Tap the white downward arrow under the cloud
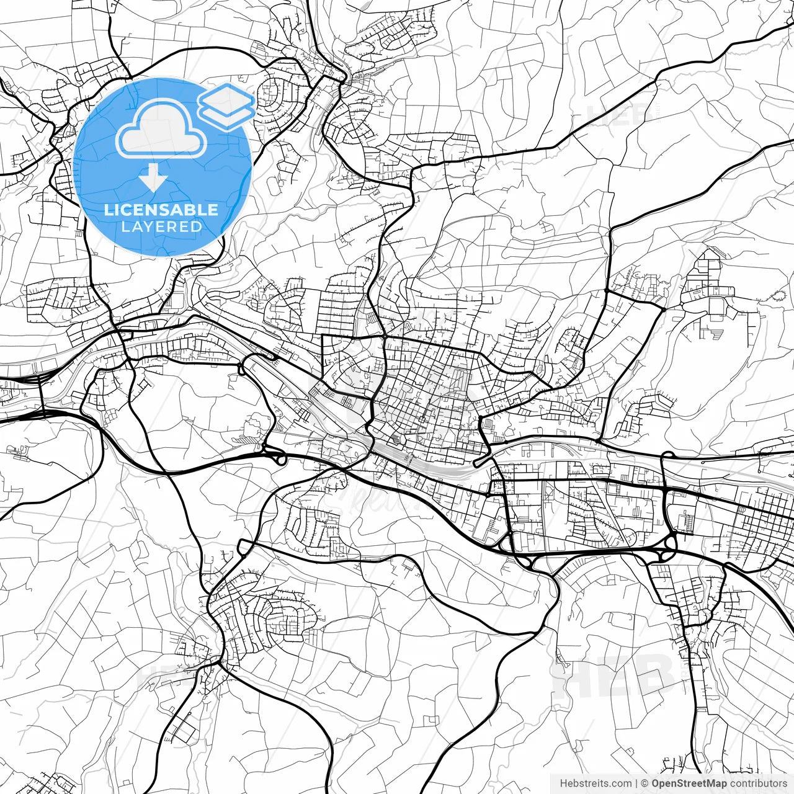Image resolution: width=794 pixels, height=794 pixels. [x=153, y=178]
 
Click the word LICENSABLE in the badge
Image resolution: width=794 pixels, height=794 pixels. [x=161, y=210]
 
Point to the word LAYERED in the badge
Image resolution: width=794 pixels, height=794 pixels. [x=161, y=227]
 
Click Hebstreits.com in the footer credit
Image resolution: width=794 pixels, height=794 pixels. [x=595, y=783]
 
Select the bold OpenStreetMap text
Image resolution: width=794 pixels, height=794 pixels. [x=689, y=783]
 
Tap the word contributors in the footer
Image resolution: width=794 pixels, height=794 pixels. [x=758, y=783]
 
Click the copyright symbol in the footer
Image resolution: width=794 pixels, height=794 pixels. [x=645, y=783]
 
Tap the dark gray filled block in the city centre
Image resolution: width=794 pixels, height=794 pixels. [x=396, y=441]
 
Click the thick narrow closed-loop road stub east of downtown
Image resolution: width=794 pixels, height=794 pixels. [x=483, y=460]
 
